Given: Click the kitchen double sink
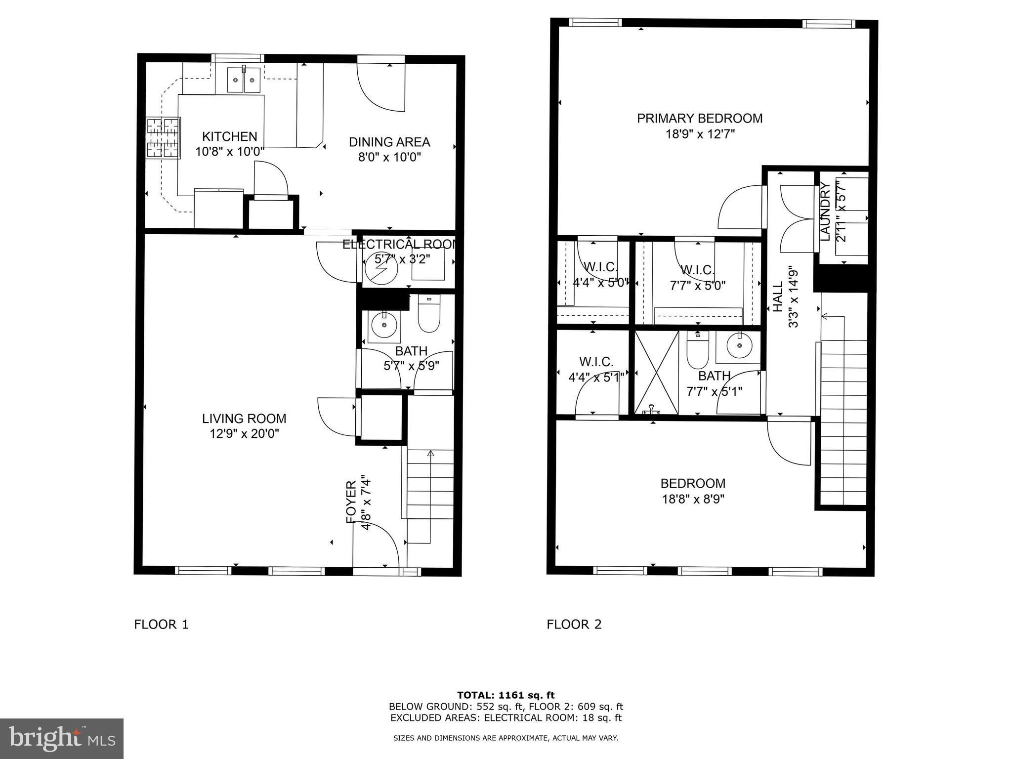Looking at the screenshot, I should click(x=244, y=80).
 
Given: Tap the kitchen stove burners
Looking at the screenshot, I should click(x=163, y=138).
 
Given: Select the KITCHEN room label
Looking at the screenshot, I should click(x=230, y=136).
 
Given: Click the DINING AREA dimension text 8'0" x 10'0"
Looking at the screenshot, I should click(x=389, y=158).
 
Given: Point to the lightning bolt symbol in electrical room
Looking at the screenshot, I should click(x=381, y=269).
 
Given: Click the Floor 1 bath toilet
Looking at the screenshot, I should click(x=428, y=314).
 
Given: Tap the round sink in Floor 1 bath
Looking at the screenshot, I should click(x=384, y=325).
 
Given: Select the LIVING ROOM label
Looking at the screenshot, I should click(x=244, y=419).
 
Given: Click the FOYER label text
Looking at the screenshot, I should click(x=351, y=502).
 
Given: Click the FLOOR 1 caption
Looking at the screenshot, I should click(x=162, y=625).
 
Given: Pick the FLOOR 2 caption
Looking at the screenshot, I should click(x=574, y=625).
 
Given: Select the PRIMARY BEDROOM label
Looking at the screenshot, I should click(x=699, y=119).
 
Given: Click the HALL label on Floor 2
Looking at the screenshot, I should click(x=778, y=296).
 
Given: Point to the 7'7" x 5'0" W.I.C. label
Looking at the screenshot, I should click(x=698, y=278).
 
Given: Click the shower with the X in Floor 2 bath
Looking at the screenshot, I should click(x=657, y=373).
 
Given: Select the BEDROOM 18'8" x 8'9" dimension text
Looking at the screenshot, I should click(x=693, y=499).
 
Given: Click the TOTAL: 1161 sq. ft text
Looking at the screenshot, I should click(x=506, y=695).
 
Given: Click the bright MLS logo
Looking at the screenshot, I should click(x=62, y=739).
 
